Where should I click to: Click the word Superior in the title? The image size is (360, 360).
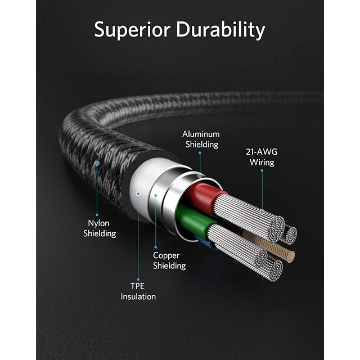click(132, 30)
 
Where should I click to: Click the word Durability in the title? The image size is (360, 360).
click(220, 30)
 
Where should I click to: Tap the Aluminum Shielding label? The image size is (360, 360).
click(201, 139)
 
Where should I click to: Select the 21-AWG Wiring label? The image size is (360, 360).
click(262, 157)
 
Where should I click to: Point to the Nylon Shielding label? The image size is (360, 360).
click(100, 228)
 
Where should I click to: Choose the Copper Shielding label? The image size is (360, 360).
click(169, 260)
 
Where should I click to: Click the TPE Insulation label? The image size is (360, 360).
click(138, 291)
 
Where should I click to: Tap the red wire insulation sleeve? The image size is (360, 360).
click(203, 196)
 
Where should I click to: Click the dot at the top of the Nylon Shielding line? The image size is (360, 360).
click(97, 163)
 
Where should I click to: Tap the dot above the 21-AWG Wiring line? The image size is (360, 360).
click(262, 170)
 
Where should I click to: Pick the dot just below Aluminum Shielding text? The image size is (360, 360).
click(200, 152)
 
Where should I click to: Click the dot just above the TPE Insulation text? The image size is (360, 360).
click(138, 280)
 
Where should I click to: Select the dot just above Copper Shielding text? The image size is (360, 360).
click(155, 247)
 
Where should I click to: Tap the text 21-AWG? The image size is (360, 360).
click(262, 152)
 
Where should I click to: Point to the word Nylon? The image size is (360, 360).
click(99, 223)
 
